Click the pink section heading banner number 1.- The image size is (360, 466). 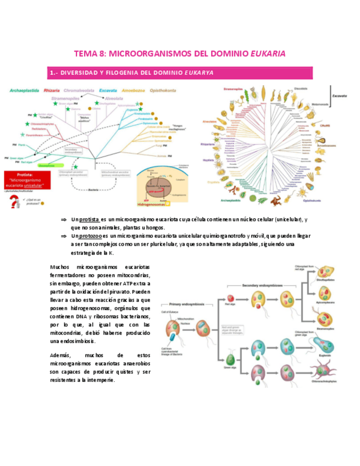tap(180, 73)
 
